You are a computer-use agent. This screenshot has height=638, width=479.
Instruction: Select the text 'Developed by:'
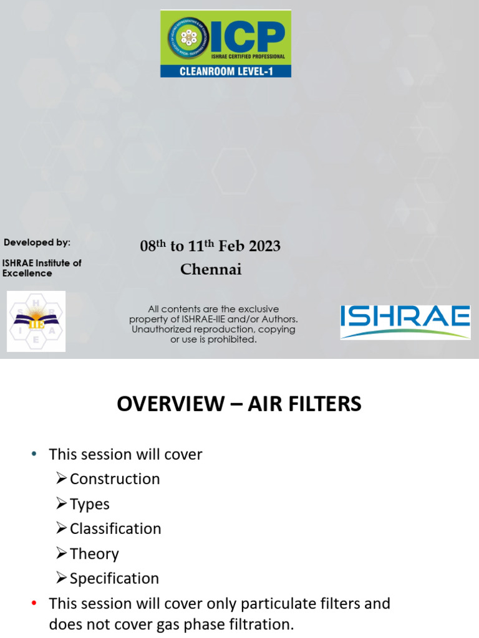(37, 242)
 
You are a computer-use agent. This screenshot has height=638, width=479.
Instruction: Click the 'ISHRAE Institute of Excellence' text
(42, 268)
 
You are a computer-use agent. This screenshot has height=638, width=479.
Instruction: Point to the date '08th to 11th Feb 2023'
(210, 246)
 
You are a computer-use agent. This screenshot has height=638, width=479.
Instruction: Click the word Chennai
(211, 270)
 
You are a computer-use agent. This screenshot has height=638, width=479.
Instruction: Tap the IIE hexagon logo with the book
(36, 321)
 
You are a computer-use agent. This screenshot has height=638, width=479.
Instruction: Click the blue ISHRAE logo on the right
(405, 321)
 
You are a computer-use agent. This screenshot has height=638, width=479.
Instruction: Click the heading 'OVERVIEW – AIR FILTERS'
(239, 404)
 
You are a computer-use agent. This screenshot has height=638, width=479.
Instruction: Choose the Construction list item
(115, 478)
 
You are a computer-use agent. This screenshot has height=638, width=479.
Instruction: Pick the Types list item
(89, 503)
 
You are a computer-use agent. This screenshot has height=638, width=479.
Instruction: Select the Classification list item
(115, 528)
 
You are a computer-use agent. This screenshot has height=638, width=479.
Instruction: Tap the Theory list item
(94, 553)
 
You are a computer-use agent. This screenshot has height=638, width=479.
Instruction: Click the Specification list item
(114, 578)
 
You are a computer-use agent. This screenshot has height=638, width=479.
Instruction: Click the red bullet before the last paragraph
(34, 603)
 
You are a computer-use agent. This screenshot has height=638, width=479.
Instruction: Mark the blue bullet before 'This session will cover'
(34, 454)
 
